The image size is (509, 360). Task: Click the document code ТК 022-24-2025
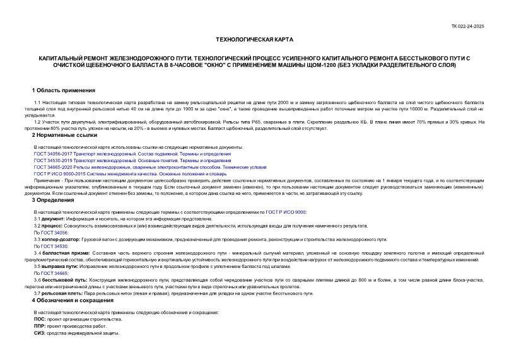(467, 26)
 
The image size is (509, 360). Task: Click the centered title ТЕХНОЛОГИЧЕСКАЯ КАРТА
(254, 39)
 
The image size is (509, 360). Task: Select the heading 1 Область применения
(64, 91)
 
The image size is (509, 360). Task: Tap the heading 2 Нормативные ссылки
(65, 135)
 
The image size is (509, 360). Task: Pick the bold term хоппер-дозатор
(57, 240)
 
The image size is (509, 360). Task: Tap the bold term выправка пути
(58, 266)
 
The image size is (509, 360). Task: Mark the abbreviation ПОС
(39, 319)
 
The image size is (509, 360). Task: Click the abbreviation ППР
(39, 326)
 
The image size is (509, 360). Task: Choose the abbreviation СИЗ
(39, 333)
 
